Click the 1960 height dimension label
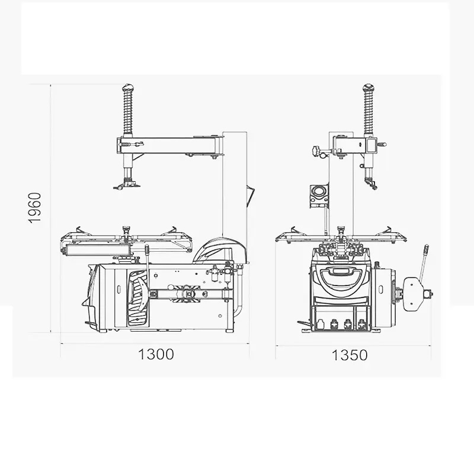point(34,208)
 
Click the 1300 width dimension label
point(156,354)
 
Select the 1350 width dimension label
point(350,355)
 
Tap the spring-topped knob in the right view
point(369,88)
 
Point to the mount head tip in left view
point(127,184)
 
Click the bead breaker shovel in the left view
point(138,299)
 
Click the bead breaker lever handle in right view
point(424,261)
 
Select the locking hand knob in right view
point(316,150)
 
